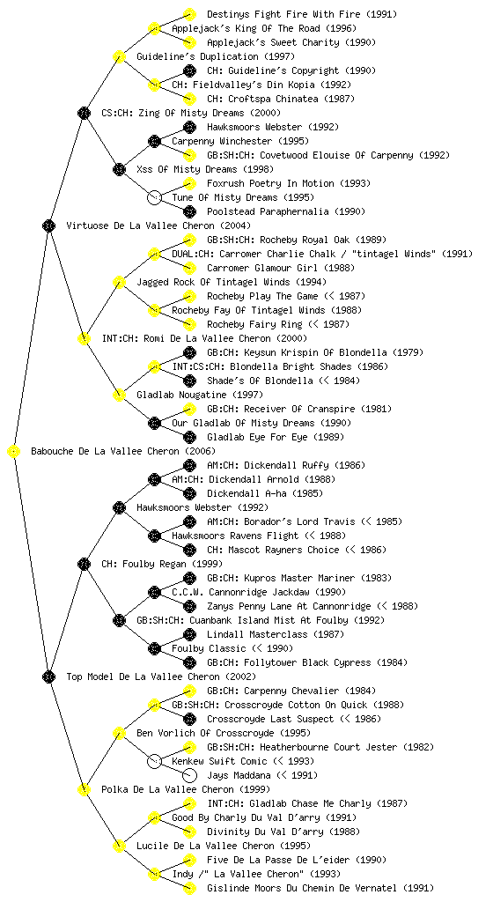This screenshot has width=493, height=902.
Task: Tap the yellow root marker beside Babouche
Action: pyautogui.click(x=14, y=451)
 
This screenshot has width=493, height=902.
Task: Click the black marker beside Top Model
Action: pyautogui.click(x=48, y=676)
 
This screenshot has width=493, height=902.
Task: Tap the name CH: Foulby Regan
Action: pyautogui.click(x=144, y=564)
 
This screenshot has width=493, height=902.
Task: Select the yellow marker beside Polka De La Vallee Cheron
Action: pyautogui.click(x=84, y=789)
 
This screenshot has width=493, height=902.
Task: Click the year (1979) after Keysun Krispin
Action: pyautogui.click(x=408, y=352)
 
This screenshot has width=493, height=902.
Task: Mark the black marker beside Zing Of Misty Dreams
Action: pyautogui.click(x=84, y=113)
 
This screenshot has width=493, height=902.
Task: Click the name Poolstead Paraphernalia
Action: pyautogui.click(x=269, y=211)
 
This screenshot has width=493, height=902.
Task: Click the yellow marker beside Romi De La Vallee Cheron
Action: pyautogui.click(x=84, y=338)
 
